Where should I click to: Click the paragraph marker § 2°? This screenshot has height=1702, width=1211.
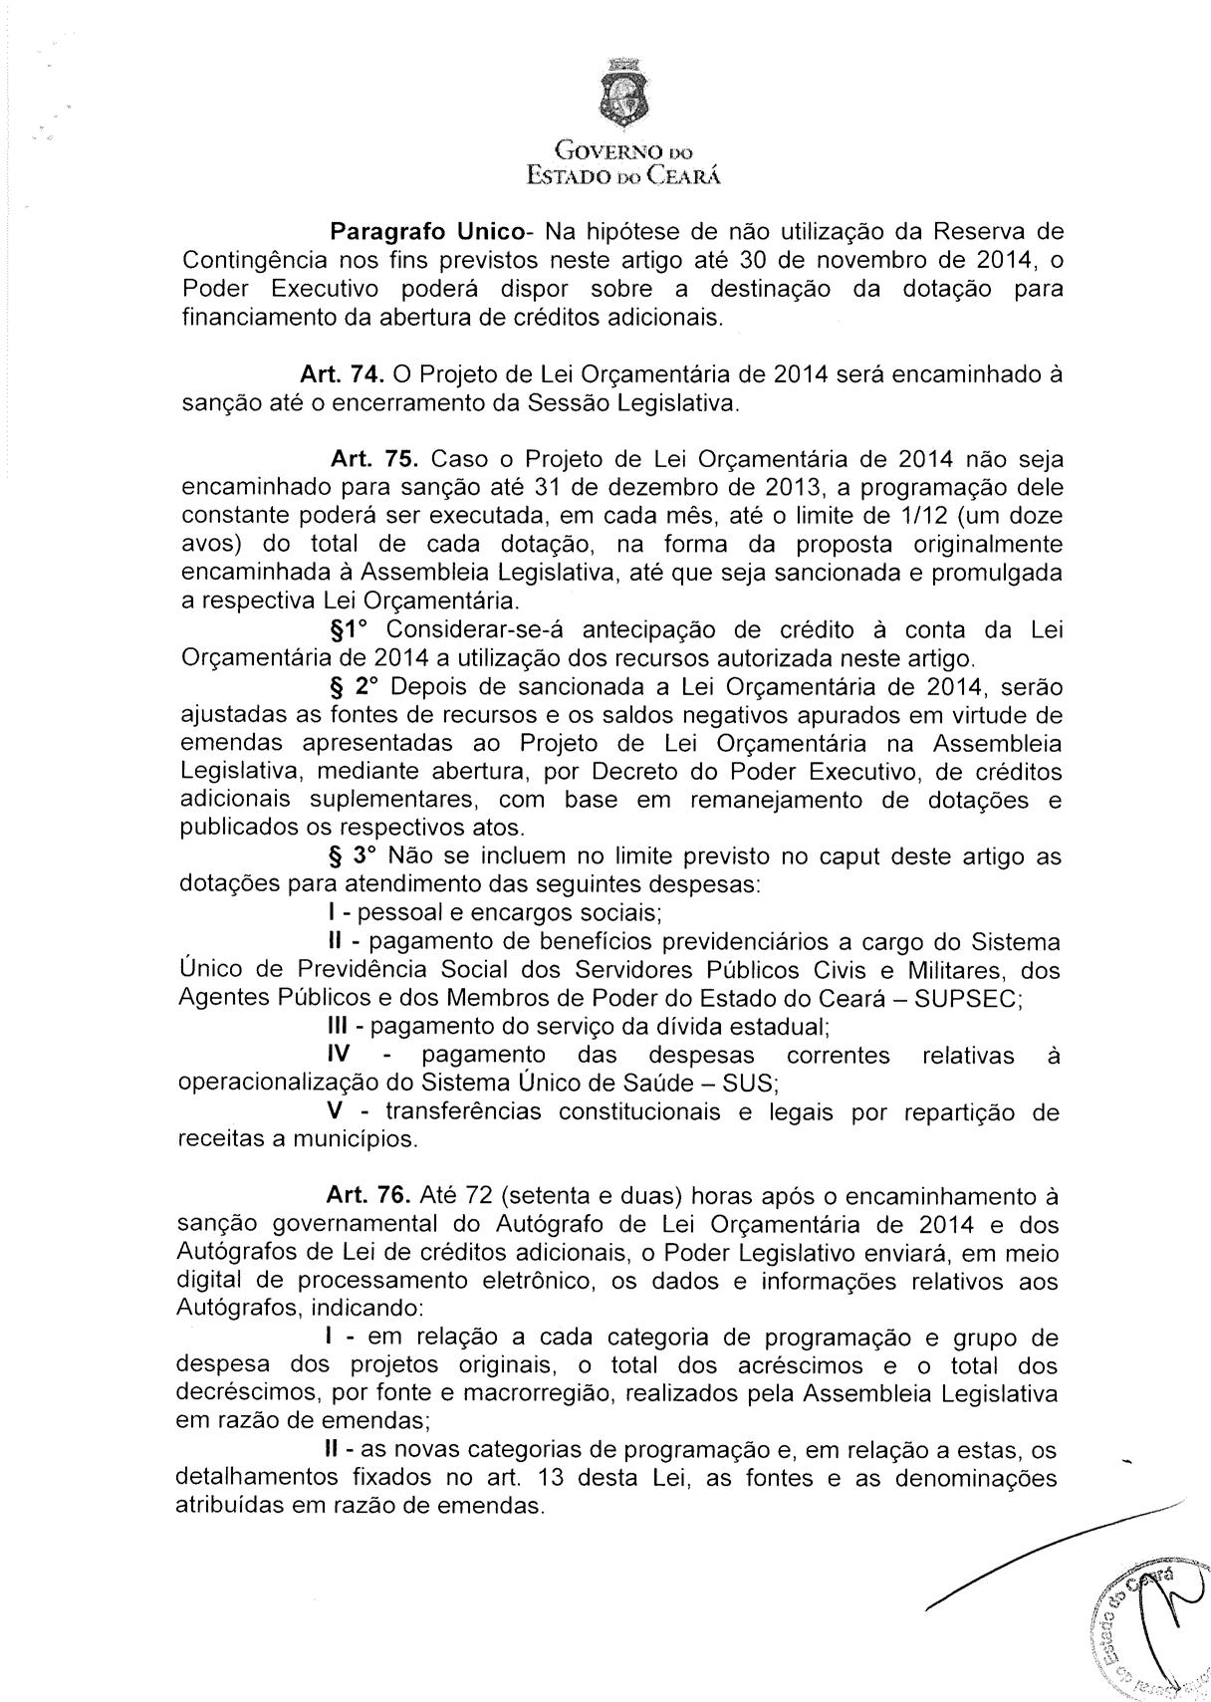354,687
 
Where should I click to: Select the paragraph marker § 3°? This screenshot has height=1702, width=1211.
354,855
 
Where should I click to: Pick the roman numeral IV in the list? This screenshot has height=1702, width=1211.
342,1054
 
